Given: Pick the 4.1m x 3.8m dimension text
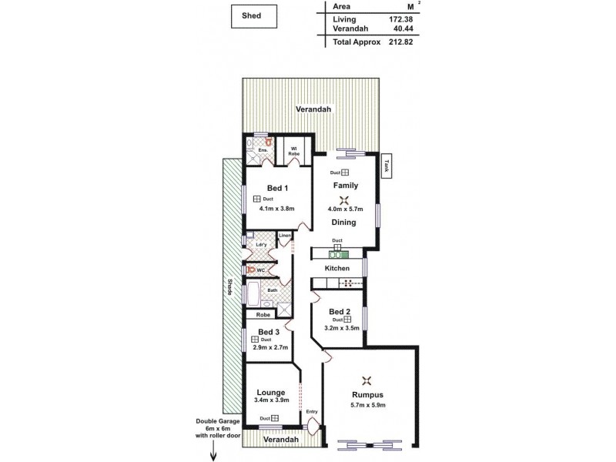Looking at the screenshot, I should [277, 207].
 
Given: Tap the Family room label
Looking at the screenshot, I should [345, 186].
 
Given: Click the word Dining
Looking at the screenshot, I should [343, 223].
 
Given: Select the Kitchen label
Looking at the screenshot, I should [336, 268].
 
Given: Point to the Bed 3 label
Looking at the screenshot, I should [269, 331].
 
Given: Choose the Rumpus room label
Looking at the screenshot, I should [367, 395].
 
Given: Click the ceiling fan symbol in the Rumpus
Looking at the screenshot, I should [367, 379].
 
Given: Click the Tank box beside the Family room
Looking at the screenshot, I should [387, 165].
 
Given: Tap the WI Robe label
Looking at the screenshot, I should [294, 150].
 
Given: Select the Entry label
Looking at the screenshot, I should [312, 411].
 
